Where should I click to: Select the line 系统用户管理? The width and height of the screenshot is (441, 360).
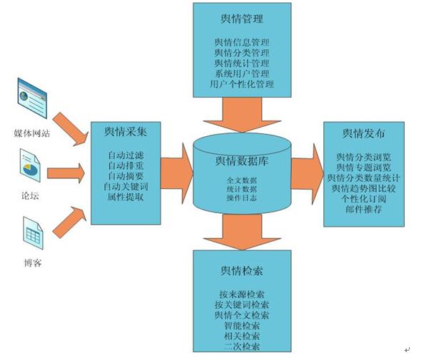[x=242, y=73]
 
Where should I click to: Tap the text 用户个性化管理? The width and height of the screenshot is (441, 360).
[x=242, y=84]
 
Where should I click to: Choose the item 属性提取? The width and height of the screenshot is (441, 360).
[x=125, y=197]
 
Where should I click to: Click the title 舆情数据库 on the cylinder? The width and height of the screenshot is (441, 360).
[x=241, y=161]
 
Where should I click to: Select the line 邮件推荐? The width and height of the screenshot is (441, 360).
[x=364, y=210]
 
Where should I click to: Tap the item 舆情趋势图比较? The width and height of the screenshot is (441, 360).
[x=364, y=188]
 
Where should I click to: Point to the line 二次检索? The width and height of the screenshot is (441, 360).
[x=242, y=346]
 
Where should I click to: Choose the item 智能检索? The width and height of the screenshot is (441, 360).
[x=242, y=325]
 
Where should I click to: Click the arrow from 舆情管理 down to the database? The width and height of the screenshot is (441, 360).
[x=242, y=114]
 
